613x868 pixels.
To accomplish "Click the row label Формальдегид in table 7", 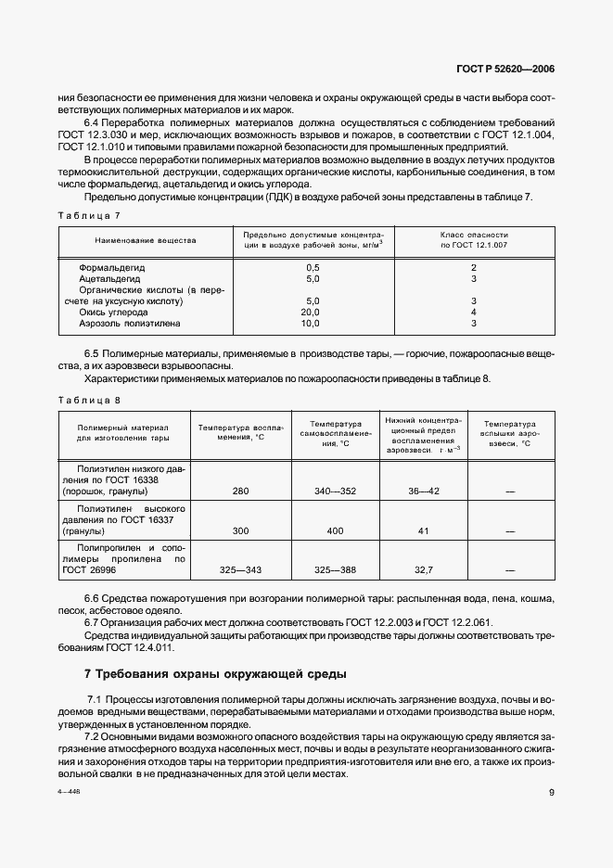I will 116,266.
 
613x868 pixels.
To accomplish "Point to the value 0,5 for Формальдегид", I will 313,266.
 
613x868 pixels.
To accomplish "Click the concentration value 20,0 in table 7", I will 313,313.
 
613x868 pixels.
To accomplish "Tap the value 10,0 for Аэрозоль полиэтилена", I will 313,324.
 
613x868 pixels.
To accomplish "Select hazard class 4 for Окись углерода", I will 473,313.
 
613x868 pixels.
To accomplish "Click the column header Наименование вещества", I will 146,240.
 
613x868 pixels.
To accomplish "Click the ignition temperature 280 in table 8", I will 240,491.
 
